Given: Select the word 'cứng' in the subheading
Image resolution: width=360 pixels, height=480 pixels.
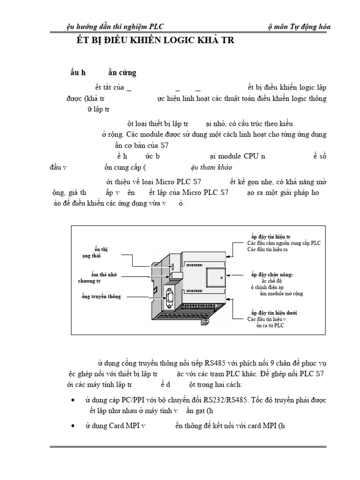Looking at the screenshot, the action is click(127, 73).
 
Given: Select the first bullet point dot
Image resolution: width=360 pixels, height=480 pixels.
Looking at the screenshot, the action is click(76, 401).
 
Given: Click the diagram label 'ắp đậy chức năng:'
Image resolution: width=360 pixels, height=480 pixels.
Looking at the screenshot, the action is click(272, 274).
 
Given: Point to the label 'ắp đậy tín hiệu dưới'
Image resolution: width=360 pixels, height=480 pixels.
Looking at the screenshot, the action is click(274, 312).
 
